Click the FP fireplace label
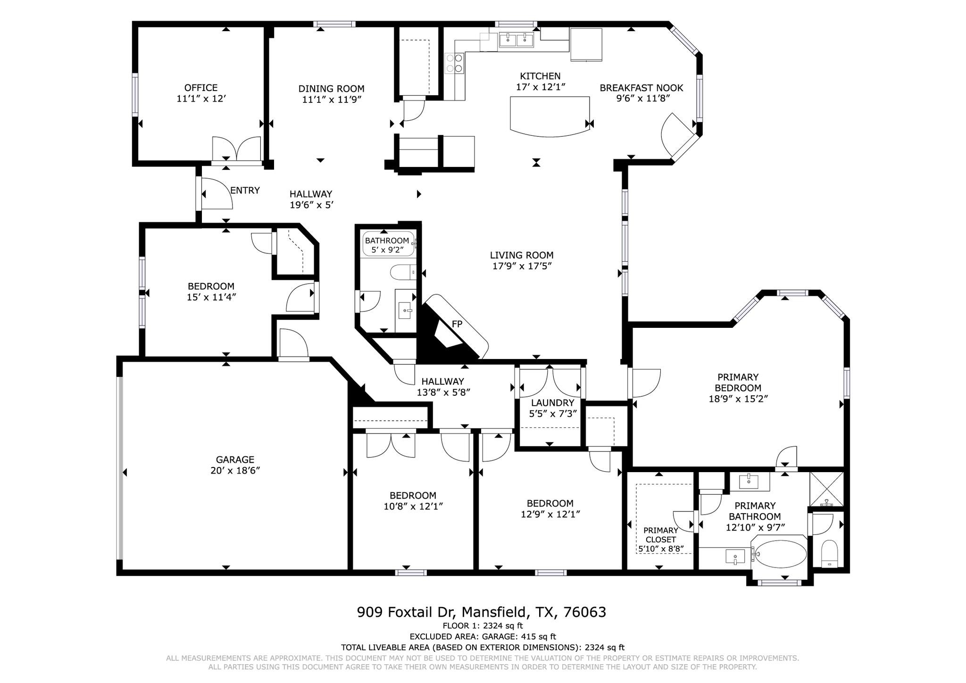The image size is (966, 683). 457,324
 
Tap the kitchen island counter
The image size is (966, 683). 550,115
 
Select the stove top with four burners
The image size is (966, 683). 454,63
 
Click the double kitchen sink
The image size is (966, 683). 516,40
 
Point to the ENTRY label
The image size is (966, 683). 245,191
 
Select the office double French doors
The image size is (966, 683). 236,150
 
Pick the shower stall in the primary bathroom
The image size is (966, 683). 826,489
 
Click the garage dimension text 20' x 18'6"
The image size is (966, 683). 235,470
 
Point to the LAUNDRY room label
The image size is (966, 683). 552,403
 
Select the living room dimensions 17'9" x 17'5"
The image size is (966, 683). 522,266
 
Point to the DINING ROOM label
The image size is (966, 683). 331,89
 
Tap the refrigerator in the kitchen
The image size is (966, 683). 586,44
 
